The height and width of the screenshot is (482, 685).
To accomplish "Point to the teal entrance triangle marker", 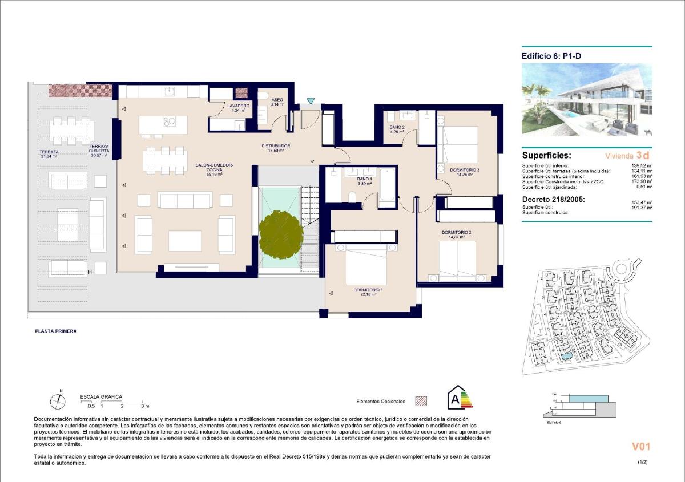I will [310, 102].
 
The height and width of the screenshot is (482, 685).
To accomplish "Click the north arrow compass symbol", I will [57, 402].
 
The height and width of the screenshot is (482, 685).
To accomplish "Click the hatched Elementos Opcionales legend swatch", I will [421, 401].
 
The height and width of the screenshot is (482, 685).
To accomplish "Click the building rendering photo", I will [587, 100].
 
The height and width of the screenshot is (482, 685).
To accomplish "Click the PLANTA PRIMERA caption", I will [56, 331].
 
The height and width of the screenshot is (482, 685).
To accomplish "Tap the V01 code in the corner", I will [640, 447].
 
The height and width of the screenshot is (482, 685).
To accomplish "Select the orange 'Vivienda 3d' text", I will [627, 155].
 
